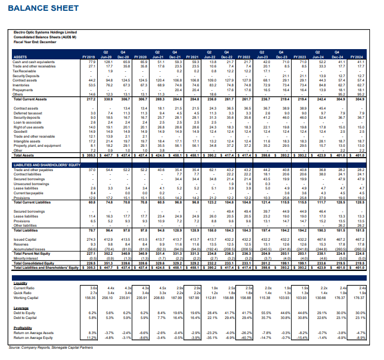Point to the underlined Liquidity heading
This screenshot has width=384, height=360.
coord(21,282)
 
